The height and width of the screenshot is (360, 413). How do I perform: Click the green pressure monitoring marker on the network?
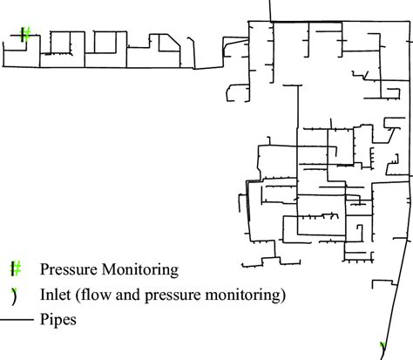coord(26,35)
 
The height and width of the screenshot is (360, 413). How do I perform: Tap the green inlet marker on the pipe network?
coord(383,348)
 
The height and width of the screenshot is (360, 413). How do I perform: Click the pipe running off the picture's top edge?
coord(268,9)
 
